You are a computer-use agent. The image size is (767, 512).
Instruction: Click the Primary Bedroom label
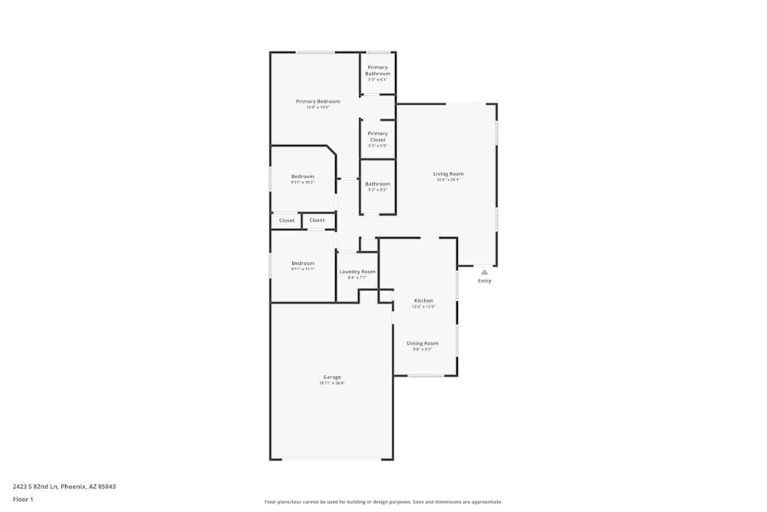pos(318,101)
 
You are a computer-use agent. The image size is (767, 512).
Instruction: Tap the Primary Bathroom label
pos(377,71)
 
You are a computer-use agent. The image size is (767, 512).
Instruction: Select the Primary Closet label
pos(377,137)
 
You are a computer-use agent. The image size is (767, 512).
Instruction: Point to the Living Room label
pos(449,174)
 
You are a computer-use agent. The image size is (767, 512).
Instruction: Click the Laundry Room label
pos(357,272)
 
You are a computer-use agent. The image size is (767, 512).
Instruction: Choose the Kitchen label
pos(423,301)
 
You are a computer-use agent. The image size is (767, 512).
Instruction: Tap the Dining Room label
pos(423,343)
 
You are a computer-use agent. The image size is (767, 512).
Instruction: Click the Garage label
pos(331,377)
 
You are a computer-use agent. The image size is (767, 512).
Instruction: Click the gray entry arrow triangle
pos(484,271)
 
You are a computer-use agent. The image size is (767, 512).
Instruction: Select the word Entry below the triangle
pos(485,281)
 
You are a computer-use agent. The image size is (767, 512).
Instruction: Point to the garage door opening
pos(331,459)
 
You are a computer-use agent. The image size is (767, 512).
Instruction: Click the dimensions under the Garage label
pos(331,383)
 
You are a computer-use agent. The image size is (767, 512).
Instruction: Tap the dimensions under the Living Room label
pos(449,180)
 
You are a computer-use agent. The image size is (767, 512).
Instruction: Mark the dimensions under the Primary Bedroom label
pos(318,107)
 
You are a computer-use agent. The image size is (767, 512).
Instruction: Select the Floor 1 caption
pos(23,499)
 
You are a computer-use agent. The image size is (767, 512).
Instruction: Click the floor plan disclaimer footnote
pos(383,502)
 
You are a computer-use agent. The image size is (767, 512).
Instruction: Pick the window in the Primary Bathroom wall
pos(378,52)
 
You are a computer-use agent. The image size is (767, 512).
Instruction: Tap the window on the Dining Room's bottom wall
pos(426,375)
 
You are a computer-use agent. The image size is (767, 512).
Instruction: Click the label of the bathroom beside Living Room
pos(377,184)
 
